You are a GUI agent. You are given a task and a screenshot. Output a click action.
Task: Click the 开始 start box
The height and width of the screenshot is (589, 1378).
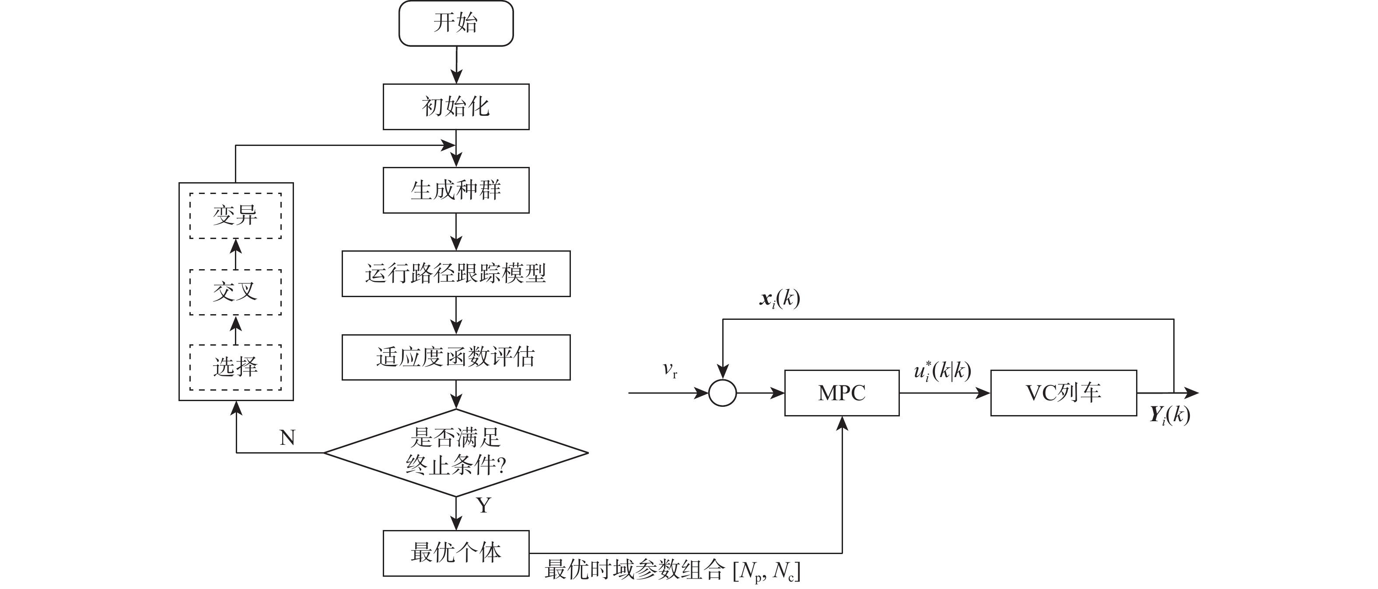456,24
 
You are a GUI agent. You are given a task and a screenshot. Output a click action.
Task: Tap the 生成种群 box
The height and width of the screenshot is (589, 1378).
456,190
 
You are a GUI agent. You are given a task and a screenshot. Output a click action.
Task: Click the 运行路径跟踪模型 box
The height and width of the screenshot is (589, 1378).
456,274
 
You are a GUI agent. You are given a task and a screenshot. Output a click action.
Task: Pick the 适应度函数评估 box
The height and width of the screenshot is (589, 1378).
456,357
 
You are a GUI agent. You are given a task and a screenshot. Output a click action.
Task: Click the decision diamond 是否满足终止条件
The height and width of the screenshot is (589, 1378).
456,453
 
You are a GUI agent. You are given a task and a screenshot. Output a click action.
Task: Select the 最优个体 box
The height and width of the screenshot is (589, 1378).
456,553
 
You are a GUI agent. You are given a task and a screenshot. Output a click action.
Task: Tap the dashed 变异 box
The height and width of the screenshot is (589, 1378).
235,216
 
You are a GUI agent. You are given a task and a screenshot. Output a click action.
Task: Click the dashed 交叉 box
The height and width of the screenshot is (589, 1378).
235,292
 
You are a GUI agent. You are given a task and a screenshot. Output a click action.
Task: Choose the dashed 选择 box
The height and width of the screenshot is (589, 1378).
235,367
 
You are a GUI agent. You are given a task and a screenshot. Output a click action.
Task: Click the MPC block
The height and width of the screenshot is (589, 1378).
842,393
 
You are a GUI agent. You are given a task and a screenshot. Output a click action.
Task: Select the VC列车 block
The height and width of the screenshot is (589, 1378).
1063,393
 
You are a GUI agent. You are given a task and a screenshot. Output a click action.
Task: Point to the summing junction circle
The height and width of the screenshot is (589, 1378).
723,393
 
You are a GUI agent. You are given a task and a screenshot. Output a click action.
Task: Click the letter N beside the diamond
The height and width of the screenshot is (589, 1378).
287,438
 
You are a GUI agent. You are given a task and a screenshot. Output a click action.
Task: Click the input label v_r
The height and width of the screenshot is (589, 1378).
670,370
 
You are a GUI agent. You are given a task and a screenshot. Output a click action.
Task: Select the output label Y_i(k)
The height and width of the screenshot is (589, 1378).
1170,415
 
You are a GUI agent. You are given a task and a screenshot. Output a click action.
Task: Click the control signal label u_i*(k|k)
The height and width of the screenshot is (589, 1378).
943,371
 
